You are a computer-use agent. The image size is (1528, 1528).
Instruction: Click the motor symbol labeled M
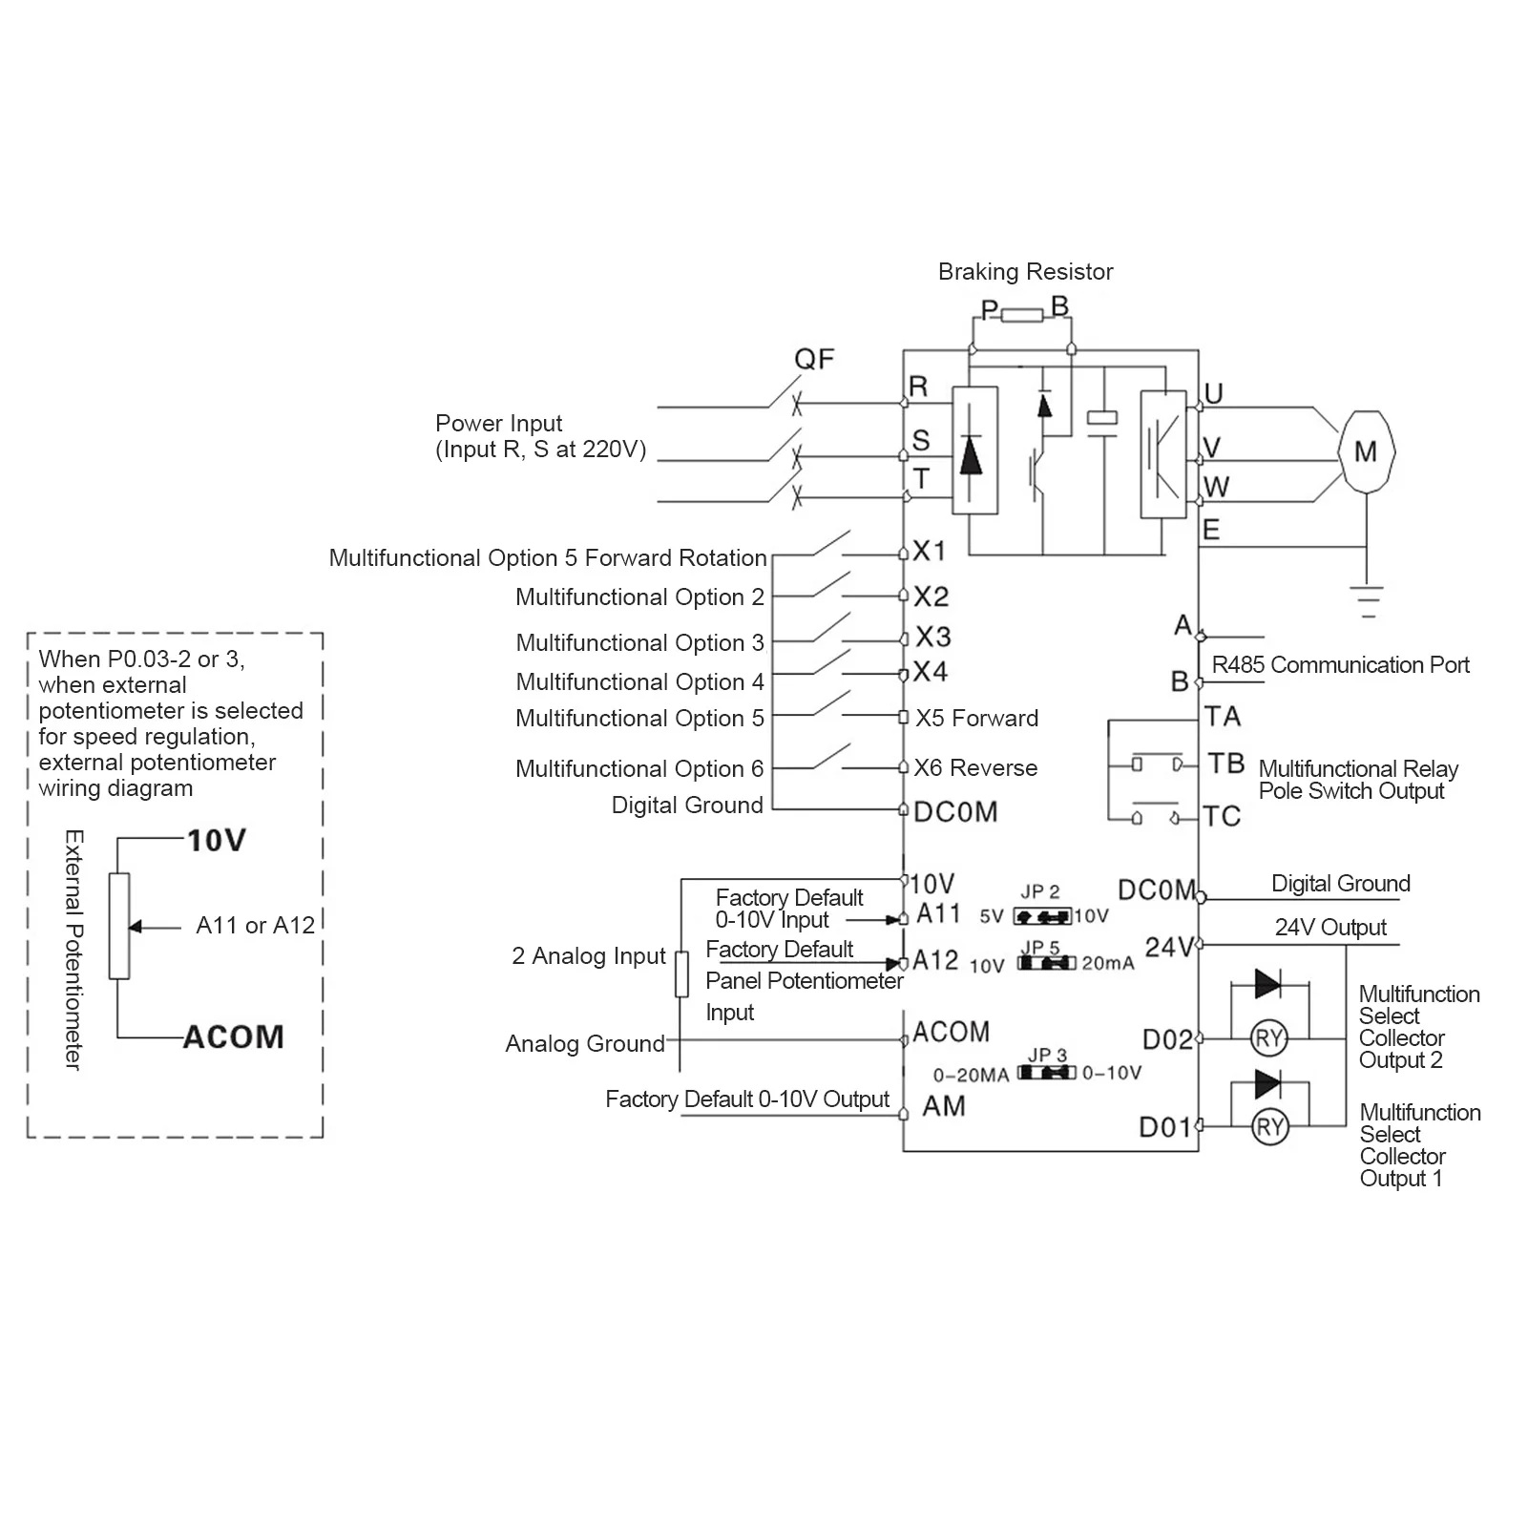tap(1366, 451)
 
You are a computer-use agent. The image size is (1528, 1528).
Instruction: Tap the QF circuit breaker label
tap(814, 360)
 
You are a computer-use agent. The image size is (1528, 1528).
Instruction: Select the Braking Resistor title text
tap(1025, 272)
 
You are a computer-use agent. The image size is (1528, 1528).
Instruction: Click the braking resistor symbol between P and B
tap(1021, 315)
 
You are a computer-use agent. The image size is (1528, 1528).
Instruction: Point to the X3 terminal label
tap(932, 637)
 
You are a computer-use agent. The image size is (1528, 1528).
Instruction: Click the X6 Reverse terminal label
tap(975, 768)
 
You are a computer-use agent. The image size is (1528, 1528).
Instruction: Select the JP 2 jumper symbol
tap(1042, 916)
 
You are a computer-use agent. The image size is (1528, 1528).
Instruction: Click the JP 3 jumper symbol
tap(1047, 1073)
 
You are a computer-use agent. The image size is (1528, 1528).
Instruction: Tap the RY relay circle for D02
tap(1269, 1038)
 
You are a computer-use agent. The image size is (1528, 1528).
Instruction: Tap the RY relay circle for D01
tap(1269, 1128)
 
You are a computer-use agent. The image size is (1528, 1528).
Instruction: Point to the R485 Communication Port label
tap(1340, 665)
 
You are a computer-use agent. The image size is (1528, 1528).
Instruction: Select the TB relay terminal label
tap(1225, 764)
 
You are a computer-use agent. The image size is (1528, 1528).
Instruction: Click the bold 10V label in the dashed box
tap(217, 841)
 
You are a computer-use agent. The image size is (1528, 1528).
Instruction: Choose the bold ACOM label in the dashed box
tap(234, 1037)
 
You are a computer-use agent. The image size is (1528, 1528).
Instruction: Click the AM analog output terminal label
tap(944, 1106)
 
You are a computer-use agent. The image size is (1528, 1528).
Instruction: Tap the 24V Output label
tap(1330, 928)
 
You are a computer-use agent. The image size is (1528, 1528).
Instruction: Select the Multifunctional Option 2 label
tap(639, 597)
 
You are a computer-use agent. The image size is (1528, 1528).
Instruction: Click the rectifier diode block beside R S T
tap(974, 450)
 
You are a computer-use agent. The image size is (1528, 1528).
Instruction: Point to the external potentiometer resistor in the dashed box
tap(119, 926)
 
